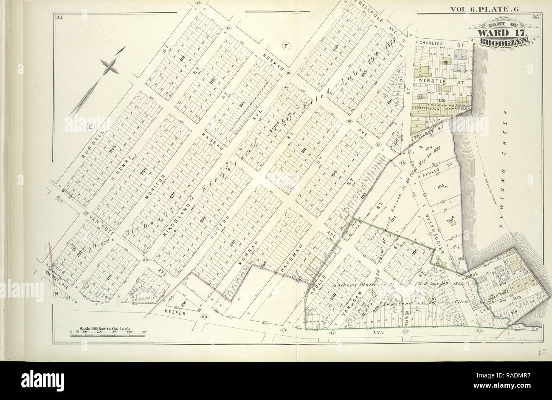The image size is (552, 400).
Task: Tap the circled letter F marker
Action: point(286,45)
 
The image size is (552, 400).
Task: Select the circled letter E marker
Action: point(90,126)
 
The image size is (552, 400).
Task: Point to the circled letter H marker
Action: point(56,294)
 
